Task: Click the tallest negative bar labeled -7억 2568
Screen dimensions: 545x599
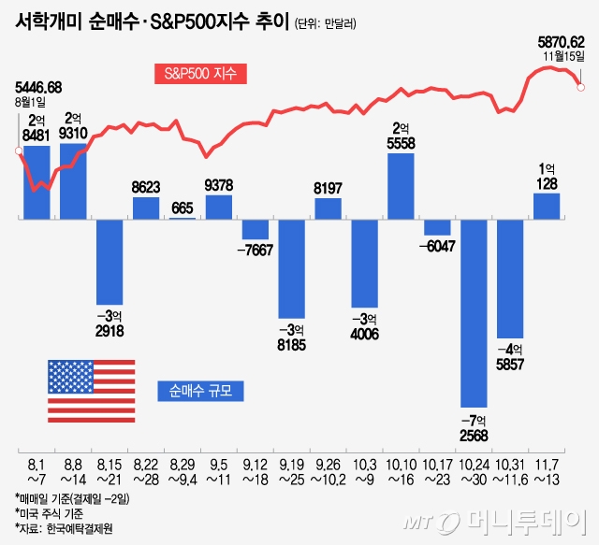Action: point(474,313)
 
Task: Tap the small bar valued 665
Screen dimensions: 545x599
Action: point(183,217)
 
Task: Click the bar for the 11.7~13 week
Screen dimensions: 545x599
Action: point(547,206)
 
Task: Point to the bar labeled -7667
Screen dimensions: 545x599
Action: point(255,229)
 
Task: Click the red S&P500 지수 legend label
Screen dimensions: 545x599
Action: point(202,73)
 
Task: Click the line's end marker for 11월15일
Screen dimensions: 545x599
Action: point(581,87)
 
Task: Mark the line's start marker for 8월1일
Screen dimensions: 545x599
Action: point(18,151)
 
